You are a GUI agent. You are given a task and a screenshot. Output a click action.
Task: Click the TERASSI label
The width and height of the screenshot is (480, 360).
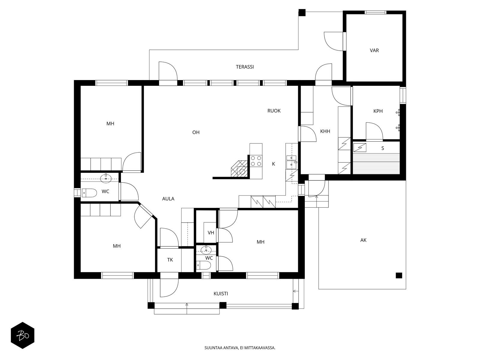coord(244,67)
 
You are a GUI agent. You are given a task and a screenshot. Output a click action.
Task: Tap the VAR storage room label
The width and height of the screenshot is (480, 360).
coord(374,50)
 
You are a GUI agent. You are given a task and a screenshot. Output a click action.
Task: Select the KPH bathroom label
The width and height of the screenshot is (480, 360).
coord(378,111)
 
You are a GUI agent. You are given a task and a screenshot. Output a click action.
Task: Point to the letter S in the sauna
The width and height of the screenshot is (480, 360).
coord(382,148)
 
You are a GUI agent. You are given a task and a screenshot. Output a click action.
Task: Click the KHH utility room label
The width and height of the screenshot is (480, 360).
coord(325,131)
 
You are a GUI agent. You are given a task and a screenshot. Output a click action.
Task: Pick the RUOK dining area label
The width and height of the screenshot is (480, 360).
coord(274,111)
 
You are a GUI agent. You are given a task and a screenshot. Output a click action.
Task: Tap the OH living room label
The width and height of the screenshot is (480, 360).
coord(196,132)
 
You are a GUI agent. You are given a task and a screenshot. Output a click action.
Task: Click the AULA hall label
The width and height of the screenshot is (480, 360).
coord(168,199)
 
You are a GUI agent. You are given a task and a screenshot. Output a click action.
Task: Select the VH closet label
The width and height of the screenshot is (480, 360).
coord(211,232)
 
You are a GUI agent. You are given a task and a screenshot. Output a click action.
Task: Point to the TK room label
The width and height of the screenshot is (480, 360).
coord(170,260)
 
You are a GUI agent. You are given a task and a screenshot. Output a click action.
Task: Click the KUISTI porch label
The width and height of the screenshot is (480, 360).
coord(220,294)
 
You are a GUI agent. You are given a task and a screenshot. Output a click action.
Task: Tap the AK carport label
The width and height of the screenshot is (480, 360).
coord(363,240)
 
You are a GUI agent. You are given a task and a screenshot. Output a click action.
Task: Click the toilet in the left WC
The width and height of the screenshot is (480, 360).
coord(89,193)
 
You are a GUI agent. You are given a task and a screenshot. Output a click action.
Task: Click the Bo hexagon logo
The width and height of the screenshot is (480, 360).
coord(22,335)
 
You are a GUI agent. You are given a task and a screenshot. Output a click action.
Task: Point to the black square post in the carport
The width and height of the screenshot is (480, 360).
coord(398,275)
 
